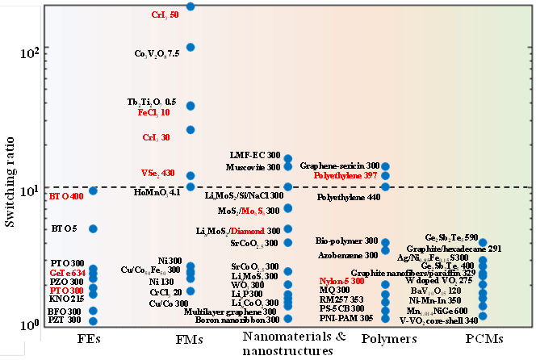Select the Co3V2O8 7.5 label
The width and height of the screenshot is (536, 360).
[157, 53]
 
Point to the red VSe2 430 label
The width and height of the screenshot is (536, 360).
[157, 173]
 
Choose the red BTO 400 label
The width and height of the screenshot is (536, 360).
[66, 197]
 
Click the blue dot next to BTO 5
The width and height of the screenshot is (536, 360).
[93, 228]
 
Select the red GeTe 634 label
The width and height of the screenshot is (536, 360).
[68, 273]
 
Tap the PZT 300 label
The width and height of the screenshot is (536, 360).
[66, 320]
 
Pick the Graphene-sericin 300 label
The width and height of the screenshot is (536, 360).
[338, 165]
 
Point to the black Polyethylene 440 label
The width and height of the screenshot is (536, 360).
[349, 197]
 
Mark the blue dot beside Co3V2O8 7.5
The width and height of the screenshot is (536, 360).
[191, 48]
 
